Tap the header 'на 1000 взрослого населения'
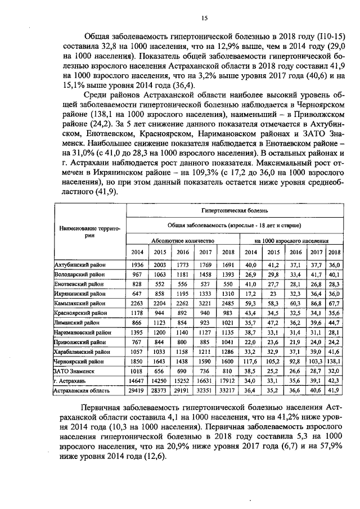coord(291,240)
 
